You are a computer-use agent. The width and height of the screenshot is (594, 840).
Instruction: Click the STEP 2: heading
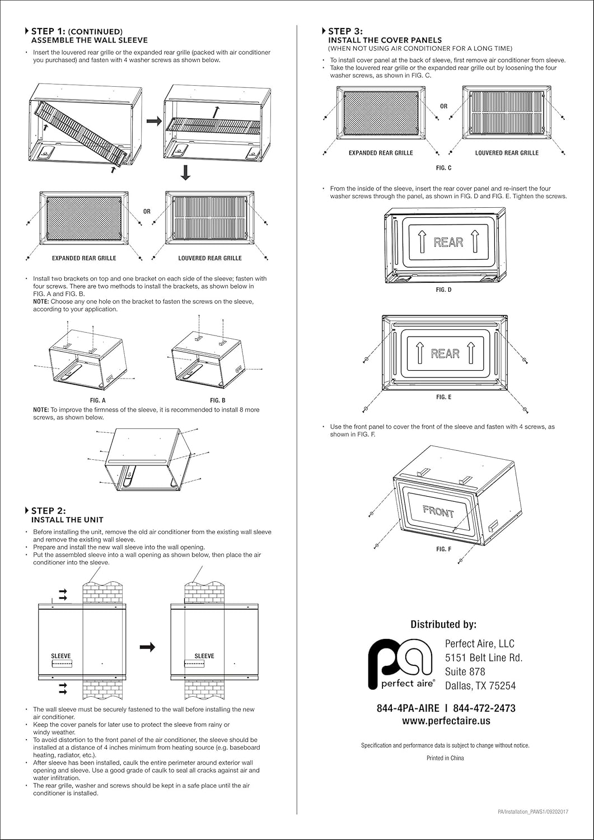48,511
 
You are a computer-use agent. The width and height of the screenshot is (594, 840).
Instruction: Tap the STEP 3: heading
345,31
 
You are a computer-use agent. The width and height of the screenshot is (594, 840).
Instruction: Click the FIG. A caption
97,400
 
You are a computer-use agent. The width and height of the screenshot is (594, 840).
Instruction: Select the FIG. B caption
218,400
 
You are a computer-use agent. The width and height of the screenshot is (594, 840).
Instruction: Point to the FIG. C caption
443,168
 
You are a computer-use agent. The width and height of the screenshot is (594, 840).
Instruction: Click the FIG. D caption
443,290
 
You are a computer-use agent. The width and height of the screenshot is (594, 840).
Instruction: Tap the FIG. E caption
443,397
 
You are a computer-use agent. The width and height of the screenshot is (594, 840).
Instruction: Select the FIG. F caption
443,549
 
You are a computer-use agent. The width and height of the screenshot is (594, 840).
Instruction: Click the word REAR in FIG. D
448,242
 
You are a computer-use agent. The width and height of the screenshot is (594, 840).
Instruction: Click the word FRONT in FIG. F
438,511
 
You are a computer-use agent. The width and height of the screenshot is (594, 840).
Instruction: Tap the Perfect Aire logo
400,664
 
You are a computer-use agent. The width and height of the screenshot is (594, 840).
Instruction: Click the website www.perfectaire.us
446,721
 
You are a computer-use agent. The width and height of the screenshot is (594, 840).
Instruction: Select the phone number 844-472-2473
484,708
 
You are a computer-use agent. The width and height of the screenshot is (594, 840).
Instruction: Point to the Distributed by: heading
443,624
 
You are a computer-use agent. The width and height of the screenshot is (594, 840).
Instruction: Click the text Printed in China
445,758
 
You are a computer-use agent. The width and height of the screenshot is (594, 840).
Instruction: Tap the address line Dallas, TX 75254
480,686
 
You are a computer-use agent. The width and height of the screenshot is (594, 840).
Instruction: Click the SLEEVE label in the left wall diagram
61,656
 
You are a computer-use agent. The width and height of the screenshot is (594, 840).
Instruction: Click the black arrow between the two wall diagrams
147,647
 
